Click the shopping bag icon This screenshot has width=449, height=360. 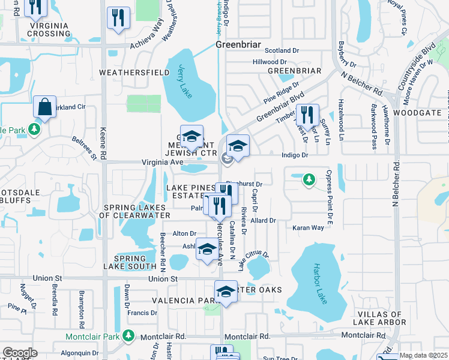44,107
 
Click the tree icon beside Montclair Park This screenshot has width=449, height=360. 127,335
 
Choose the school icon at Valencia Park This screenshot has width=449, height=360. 226,292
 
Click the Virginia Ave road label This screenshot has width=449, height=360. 161,162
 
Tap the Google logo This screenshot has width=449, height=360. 19,353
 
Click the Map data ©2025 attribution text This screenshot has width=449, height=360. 423,355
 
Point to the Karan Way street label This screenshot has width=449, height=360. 308,228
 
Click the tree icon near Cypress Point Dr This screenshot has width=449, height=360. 309,179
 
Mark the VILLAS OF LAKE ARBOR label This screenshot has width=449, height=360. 382,319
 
